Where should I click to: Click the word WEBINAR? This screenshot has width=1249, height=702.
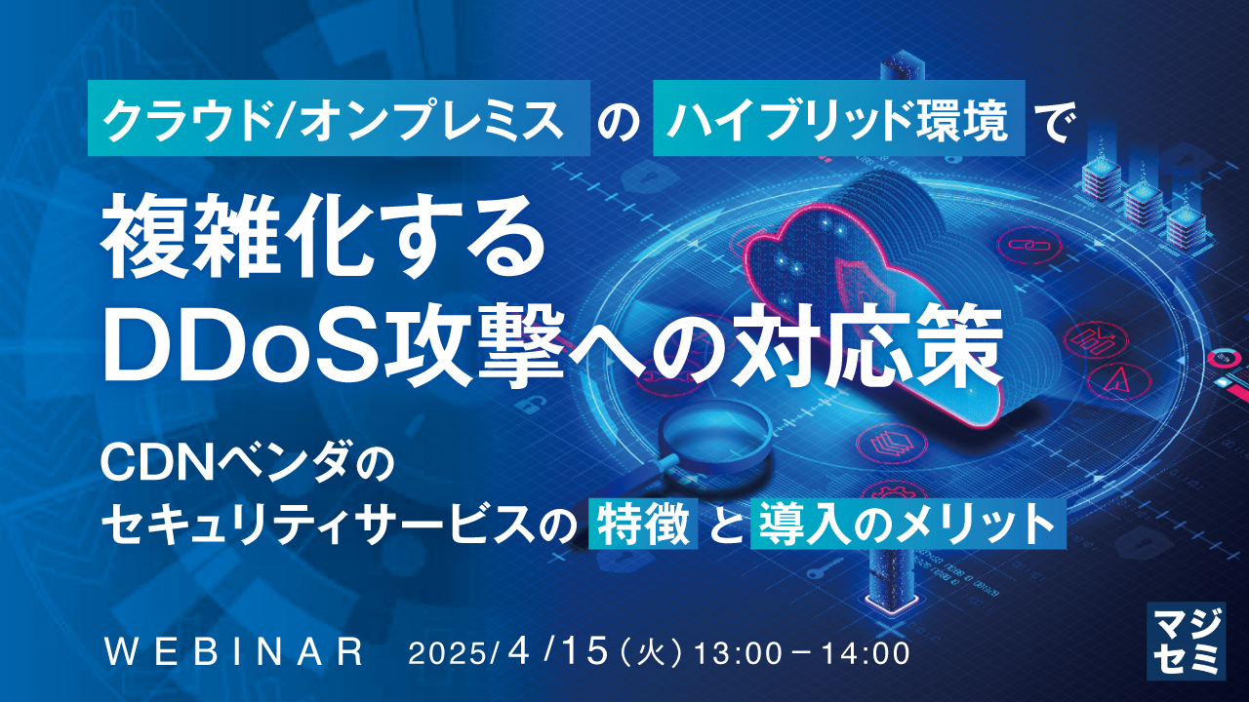coord(234,652)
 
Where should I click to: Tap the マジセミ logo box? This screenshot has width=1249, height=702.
coord(1186,641)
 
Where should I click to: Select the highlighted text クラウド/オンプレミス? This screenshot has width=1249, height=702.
coord(339,118)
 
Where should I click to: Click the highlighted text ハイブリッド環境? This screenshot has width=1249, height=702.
coord(839,118)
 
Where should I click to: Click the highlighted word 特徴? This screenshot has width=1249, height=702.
coord(643,525)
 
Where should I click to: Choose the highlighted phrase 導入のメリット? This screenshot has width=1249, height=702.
coord(908,525)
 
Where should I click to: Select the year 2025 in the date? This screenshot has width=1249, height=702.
coord(448,653)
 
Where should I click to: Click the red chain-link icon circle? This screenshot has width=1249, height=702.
coord(1031,245)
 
